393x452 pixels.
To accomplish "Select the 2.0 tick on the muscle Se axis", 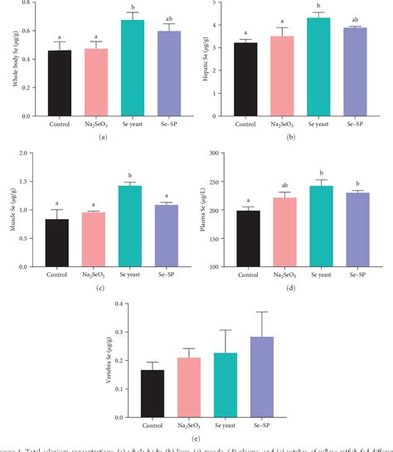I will (x=31, y=153).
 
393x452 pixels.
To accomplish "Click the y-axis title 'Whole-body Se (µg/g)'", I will (x=12, y=62).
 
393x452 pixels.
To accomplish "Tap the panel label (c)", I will (x=101, y=288).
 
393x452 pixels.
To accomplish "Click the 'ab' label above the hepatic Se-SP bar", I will (x=332, y=19).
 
